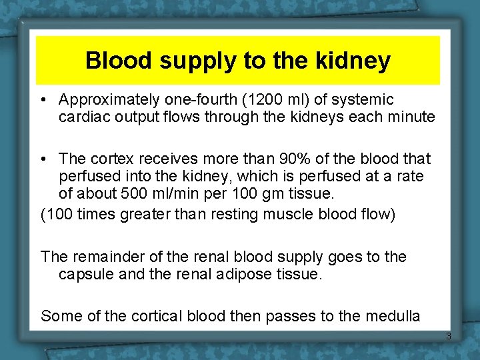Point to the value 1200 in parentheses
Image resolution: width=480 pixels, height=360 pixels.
(263, 100)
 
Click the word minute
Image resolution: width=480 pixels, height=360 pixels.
(413, 117)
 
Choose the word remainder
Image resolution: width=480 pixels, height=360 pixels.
(102, 257)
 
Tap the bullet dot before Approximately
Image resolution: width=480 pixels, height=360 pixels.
(43, 100)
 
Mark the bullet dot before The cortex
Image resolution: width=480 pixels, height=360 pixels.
(43, 159)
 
